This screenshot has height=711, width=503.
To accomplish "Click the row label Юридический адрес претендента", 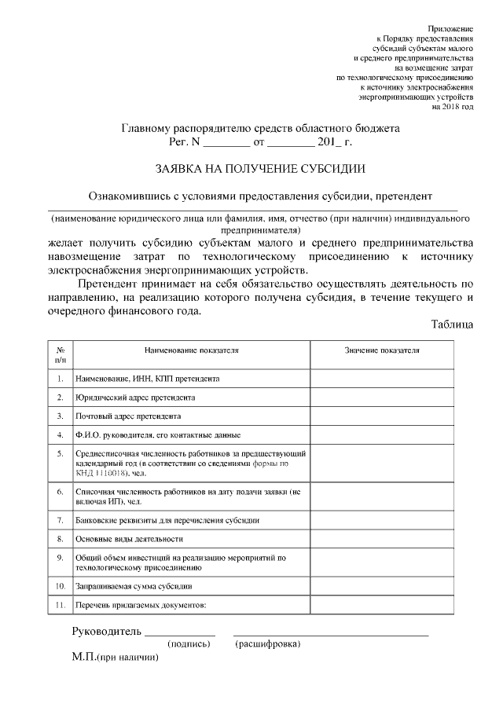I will pyautogui.click(x=135, y=398).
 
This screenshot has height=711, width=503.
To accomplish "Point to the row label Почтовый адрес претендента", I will pyautogui.click(x=128, y=416).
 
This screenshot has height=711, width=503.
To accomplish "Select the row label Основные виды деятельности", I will pyautogui.click(x=130, y=539).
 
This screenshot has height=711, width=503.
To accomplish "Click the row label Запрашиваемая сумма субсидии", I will pyautogui.click(x=134, y=586).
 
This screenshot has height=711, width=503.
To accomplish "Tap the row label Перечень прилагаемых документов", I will pyautogui.click(x=140, y=606).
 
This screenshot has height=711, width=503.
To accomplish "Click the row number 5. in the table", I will pyautogui.click(x=61, y=453).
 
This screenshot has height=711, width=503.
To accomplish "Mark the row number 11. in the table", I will pyautogui.click(x=61, y=606).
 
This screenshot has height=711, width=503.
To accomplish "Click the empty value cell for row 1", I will pyautogui.click(x=382, y=379).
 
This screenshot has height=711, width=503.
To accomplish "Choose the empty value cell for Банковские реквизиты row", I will pyautogui.click(x=382, y=520).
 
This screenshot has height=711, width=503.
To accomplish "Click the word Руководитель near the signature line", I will pyautogui.click(x=106, y=631).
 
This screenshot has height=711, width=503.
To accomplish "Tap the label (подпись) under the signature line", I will pyautogui.click(x=189, y=644).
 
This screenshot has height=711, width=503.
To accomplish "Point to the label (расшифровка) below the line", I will pyautogui.click(x=267, y=644).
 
